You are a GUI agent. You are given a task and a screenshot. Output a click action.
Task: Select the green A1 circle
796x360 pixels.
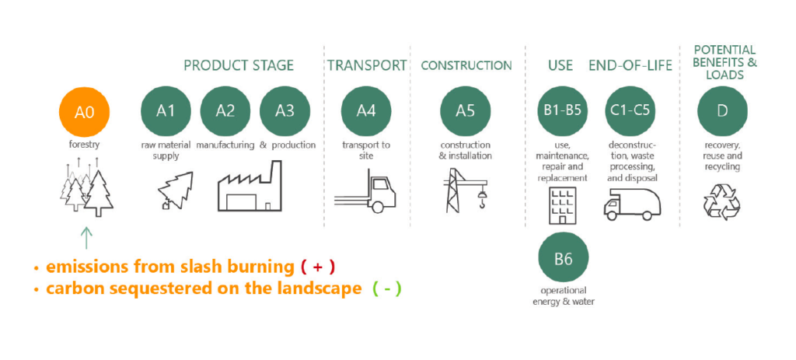pyautogui.click(x=166, y=110)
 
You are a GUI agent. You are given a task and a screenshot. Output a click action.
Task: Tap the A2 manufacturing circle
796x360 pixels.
pyautogui.click(x=225, y=110)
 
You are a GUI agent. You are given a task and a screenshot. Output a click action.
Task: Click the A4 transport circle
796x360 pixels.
pyautogui.click(x=366, y=110)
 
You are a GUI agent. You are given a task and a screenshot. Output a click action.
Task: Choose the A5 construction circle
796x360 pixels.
pyautogui.click(x=465, y=110)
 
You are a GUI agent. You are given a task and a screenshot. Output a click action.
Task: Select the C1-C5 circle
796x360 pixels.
pyautogui.click(x=630, y=110)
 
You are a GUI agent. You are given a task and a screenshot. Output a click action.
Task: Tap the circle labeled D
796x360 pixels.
pyautogui.click(x=722, y=110)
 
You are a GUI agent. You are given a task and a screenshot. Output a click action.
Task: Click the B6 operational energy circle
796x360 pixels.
pyautogui.click(x=563, y=259)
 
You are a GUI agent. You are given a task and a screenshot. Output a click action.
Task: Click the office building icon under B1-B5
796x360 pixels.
pyautogui.click(x=561, y=204)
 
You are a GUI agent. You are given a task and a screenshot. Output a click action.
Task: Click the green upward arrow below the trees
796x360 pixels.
pyautogui.click(x=86, y=236)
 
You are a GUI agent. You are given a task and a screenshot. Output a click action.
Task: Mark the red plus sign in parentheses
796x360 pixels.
pyautogui.click(x=317, y=267)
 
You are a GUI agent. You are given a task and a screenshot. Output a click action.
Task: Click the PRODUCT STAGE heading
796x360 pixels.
pyautogui.click(x=239, y=65)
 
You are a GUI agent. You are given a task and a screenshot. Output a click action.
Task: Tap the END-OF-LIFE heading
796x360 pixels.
pyautogui.click(x=630, y=65)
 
